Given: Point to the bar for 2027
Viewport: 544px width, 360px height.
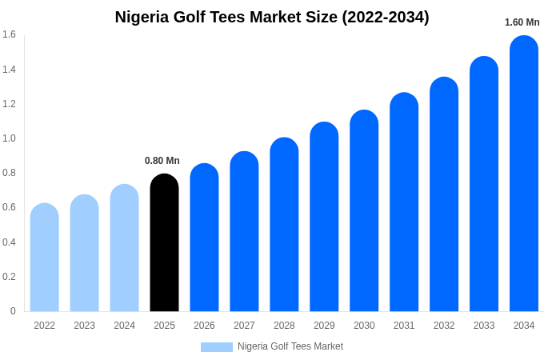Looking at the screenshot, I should point(244,231).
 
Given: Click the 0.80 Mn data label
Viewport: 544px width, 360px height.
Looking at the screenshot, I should point(162,161).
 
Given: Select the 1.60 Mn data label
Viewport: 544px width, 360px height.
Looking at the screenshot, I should point(522,22).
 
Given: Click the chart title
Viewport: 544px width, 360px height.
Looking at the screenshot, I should point(272,17).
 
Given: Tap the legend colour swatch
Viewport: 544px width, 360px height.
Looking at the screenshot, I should point(216,347).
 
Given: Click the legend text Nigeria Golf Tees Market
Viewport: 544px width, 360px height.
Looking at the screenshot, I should point(290,346).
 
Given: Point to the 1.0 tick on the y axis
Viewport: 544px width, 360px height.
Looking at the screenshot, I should point(9,138).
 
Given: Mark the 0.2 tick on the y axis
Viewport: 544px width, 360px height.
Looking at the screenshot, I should point(9,277).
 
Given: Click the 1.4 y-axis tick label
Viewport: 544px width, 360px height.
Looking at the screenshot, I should point(9,70).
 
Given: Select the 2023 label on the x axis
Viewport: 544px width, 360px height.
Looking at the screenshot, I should point(84,326).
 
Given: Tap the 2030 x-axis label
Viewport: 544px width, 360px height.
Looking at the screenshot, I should point(364,326).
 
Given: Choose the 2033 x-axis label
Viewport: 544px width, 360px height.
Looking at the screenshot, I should point(484,326).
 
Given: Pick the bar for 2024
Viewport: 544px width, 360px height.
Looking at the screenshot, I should point(124,248).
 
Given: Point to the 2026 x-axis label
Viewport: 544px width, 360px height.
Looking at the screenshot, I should point(204,326).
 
